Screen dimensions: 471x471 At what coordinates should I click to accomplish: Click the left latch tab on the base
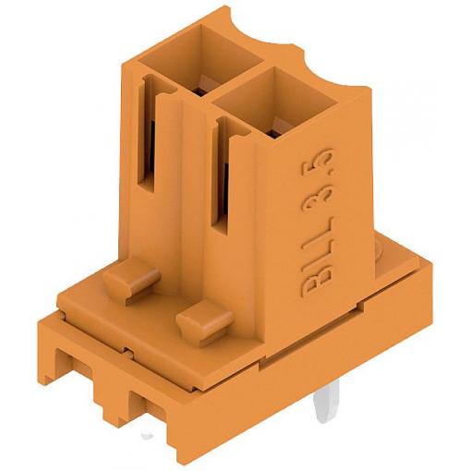(131, 279)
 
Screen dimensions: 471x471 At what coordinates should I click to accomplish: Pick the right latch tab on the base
(205, 322)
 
